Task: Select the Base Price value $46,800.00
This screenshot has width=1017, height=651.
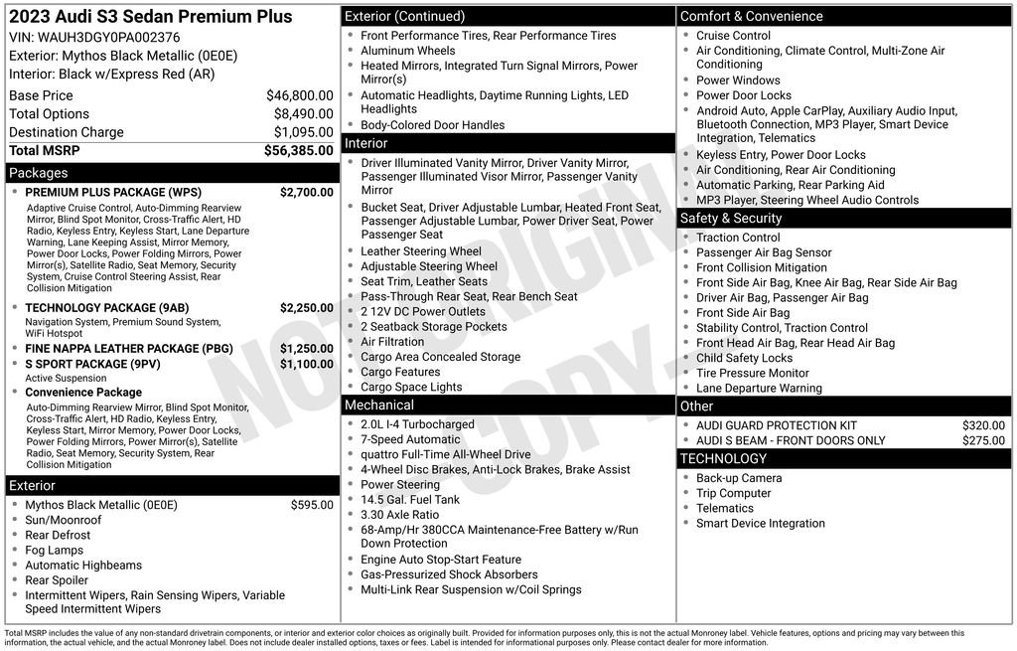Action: pos(299,96)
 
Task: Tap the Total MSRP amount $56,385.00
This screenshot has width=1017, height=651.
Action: pos(298,151)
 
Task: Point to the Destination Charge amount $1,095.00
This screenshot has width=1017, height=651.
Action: pos(303,132)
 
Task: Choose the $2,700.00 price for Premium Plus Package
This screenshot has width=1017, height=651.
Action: pos(306,193)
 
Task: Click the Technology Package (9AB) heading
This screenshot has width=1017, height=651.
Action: pos(102,308)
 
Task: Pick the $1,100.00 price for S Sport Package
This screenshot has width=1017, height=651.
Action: pos(306,365)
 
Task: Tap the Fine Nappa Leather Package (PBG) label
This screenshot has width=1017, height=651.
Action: pos(115,349)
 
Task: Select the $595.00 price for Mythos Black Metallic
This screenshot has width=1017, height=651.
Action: pos(312,505)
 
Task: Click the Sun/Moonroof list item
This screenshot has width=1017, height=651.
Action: pos(64,520)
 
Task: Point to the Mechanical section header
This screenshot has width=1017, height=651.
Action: pos(378,406)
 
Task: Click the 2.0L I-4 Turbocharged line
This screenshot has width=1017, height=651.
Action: pos(417,424)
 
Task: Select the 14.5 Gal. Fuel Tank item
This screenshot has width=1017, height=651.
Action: pos(410,500)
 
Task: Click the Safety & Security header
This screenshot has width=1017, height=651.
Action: pos(731,219)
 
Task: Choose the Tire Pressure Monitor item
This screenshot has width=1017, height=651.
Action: pos(753,373)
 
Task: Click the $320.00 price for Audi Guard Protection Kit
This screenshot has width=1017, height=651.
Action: pos(983,425)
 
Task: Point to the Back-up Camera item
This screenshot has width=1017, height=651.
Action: pos(739,478)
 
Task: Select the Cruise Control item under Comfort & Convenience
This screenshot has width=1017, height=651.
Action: pos(733,36)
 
